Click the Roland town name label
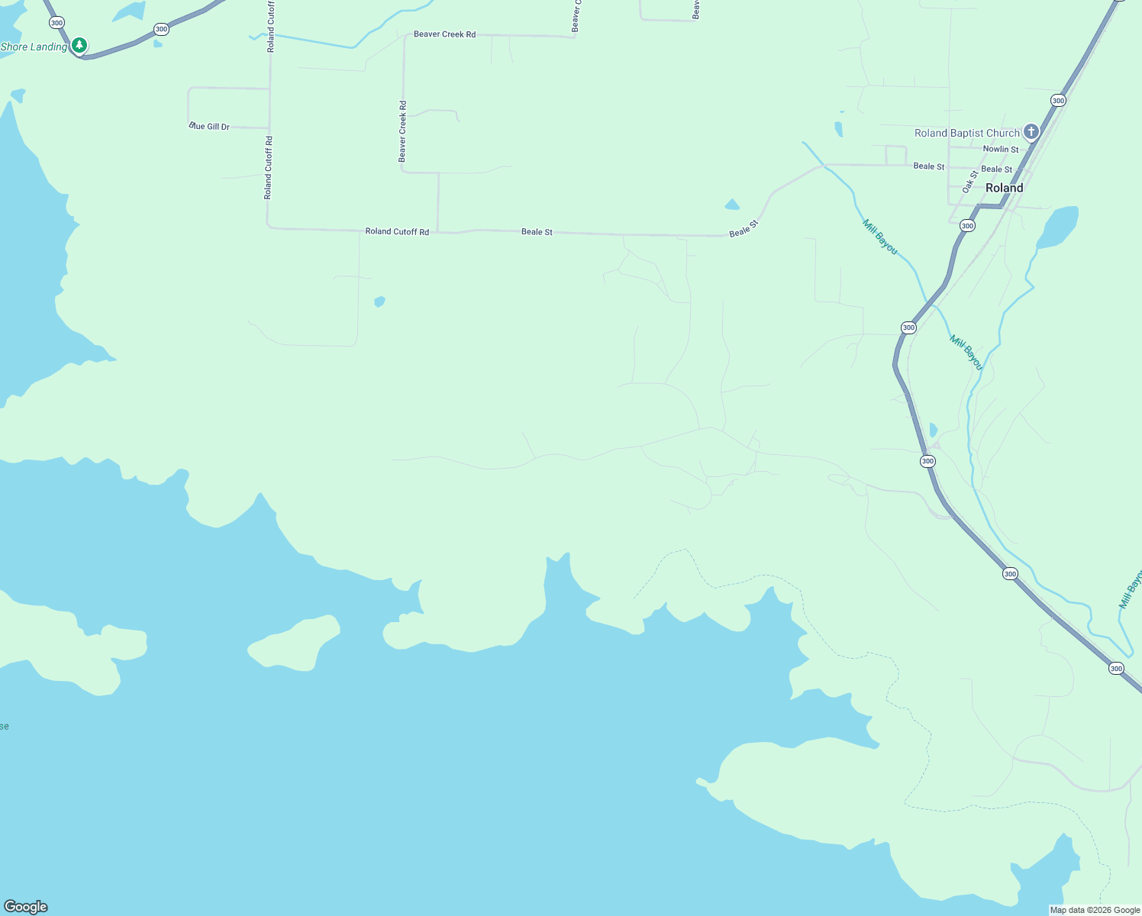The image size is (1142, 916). [x=1004, y=188]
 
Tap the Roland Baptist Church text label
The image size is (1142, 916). [x=966, y=133]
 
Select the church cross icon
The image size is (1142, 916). [x=1031, y=132]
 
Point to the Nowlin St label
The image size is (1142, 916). [x=1000, y=150]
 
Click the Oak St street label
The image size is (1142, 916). [x=969, y=182]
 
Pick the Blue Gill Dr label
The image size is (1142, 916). [x=209, y=127]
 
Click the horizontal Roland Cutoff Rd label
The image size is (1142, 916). [x=397, y=231]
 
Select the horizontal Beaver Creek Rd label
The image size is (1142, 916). [x=444, y=34]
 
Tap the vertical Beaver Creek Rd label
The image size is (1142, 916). [x=402, y=131]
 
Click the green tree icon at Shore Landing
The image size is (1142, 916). [x=79, y=46]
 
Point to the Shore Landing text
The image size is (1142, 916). [x=34, y=47]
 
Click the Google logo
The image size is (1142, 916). [x=25, y=906]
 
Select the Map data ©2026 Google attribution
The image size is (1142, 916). [x=1095, y=910]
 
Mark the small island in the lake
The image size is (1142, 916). [x=295, y=643]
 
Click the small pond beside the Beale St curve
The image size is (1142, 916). [x=732, y=205]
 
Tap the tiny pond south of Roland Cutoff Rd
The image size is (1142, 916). [x=379, y=302]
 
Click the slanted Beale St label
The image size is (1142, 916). [x=744, y=228]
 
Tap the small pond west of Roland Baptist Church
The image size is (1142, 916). [x=839, y=129]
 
